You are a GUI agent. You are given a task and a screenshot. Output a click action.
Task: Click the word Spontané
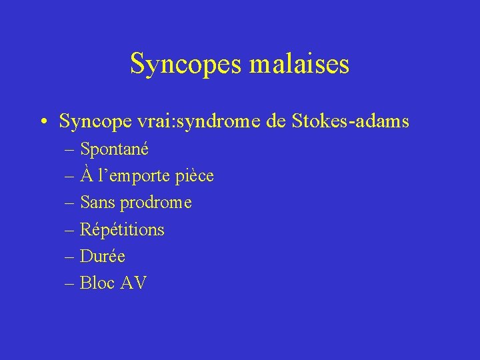[x=114, y=149]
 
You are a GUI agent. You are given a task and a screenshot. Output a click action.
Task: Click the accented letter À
[x=86, y=175]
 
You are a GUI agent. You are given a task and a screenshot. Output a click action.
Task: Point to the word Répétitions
[x=122, y=229]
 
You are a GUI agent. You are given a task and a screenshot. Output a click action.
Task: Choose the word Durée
[x=102, y=256]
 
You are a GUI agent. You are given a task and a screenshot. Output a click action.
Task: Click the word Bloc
[x=97, y=283]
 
